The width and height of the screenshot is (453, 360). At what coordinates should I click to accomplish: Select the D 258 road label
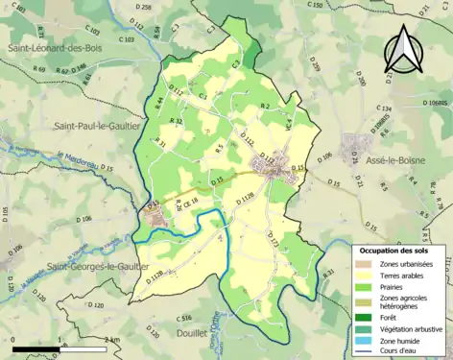[x=143, y=7]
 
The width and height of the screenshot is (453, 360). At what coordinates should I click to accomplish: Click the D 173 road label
[x=274, y=239]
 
